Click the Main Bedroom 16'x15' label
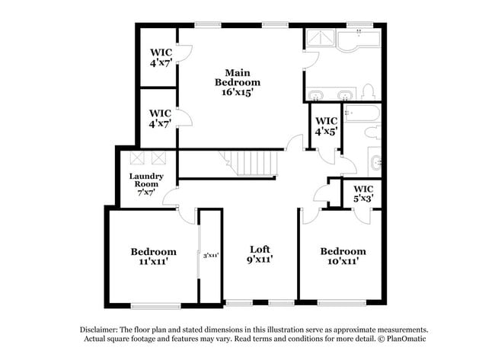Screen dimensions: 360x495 (x=238, y=82)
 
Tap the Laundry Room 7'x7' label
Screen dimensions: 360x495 (x=146, y=184)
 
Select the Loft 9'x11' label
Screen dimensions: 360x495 (x=260, y=254)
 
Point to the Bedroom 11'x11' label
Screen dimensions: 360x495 (x=153, y=256)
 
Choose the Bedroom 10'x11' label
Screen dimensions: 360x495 (x=343, y=256)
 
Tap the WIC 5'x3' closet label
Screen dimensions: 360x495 (x=363, y=193)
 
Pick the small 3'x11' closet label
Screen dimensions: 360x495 (x=211, y=255)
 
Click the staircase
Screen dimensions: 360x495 (x=251, y=163)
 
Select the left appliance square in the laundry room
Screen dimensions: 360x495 (x=139, y=158)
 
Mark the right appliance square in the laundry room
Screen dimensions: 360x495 (x=158, y=158)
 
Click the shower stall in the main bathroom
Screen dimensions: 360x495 (x=321, y=40)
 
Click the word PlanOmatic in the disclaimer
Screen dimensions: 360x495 (x=407, y=338)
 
